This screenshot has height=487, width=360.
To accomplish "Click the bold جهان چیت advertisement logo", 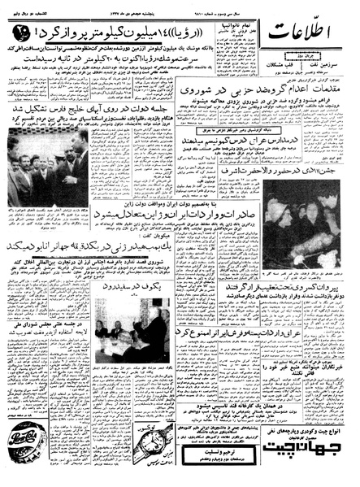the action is (321, 458).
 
